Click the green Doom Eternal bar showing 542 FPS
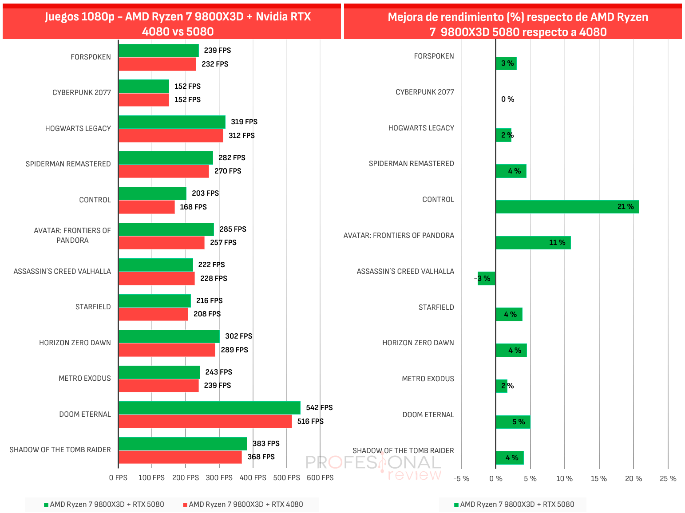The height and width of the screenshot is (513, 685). pyautogui.click(x=210, y=408)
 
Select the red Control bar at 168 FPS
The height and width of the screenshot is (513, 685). pyautogui.click(x=147, y=207)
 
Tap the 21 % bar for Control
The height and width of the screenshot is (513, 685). pyautogui.click(x=567, y=207)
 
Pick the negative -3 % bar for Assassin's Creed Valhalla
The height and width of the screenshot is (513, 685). pyautogui.click(x=486, y=279)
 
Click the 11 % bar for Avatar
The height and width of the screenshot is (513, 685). pyautogui.click(x=533, y=243)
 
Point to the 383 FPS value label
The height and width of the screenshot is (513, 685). pyautogui.click(x=266, y=443)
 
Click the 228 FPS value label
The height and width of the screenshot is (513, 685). pyautogui.click(x=214, y=279)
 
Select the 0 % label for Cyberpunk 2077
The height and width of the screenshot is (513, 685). pyautogui.click(x=508, y=99)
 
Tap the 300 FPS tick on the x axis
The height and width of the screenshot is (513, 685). pyautogui.click(x=219, y=478)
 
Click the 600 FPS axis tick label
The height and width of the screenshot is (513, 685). pyautogui.click(x=320, y=478)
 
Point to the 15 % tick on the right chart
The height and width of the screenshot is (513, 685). pyautogui.click(x=599, y=479)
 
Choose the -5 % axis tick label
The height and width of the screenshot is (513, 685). pyautogui.click(x=461, y=479)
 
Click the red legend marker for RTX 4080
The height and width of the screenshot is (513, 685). pyautogui.click(x=185, y=505)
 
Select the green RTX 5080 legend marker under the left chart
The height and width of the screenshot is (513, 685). pyautogui.click(x=46, y=505)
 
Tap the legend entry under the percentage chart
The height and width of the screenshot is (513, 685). pyautogui.click(x=514, y=505)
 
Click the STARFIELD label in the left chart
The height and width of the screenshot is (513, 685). pyautogui.click(x=93, y=307)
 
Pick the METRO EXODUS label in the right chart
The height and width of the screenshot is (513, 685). pyautogui.click(x=428, y=379)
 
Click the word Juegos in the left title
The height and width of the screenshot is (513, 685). pyautogui.click(x=61, y=17)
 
